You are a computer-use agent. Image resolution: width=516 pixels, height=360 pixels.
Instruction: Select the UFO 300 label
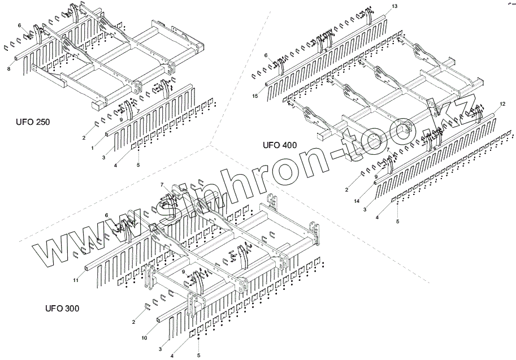click(62, 309)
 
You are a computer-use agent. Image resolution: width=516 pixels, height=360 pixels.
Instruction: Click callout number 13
click(394, 6)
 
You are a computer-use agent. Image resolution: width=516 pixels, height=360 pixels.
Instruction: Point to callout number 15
click(255, 97)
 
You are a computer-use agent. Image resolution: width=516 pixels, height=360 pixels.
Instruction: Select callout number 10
click(144, 338)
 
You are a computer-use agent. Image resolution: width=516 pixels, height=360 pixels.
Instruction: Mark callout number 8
click(8, 68)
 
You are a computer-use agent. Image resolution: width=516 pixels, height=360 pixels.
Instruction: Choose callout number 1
click(93, 148)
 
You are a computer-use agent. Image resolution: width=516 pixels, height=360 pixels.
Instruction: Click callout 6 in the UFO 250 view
click(19, 25)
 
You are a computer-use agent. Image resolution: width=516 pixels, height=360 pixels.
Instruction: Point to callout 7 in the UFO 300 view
click(162, 184)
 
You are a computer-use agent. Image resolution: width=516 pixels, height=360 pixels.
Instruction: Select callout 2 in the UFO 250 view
click(84, 138)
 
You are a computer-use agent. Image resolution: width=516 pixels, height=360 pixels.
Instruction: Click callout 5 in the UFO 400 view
click(397, 221)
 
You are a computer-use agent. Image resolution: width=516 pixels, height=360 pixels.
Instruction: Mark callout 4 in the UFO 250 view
click(116, 166)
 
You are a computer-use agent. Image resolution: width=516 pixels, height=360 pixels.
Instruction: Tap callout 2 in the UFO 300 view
click(133, 322)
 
